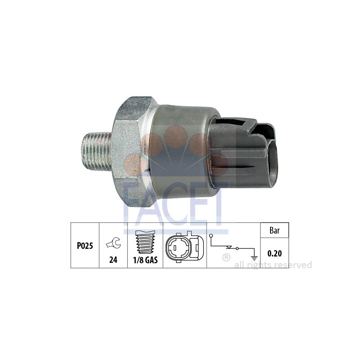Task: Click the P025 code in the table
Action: point(85,246)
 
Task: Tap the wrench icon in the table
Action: point(113,243)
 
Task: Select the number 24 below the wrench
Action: point(113,260)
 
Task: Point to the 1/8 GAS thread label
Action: point(145,260)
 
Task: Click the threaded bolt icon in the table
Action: point(145,242)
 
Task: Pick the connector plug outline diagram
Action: point(184,247)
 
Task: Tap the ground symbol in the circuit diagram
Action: point(254,257)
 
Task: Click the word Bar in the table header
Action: point(274,230)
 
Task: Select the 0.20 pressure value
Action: point(274,253)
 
